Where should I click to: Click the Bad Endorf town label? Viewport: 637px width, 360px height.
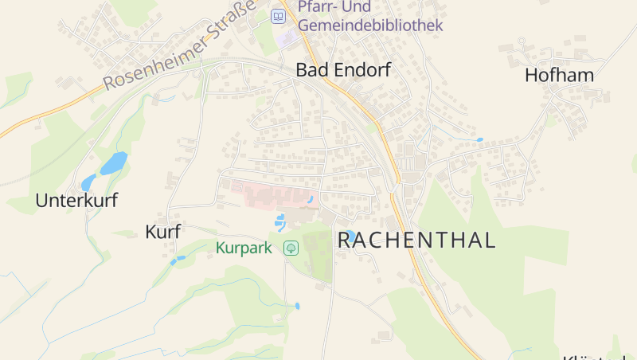(343, 70)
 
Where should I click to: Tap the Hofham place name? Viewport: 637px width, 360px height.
(560, 76)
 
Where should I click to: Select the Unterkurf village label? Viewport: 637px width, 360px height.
(76, 201)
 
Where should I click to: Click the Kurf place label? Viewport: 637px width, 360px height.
(163, 232)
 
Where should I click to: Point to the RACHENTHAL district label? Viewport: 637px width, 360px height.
(417, 240)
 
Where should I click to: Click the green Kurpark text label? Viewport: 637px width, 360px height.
(244, 248)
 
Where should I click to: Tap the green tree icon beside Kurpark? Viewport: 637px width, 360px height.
(291, 248)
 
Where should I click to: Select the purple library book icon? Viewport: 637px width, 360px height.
(278, 16)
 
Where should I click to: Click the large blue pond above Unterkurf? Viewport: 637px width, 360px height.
(112, 164)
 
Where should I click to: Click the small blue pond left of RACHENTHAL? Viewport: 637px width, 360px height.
(350, 236)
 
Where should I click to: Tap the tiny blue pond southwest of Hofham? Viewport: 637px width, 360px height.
(479, 140)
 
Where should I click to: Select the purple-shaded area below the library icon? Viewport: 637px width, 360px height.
(287, 37)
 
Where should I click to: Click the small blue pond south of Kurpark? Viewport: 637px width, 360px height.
(297, 306)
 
